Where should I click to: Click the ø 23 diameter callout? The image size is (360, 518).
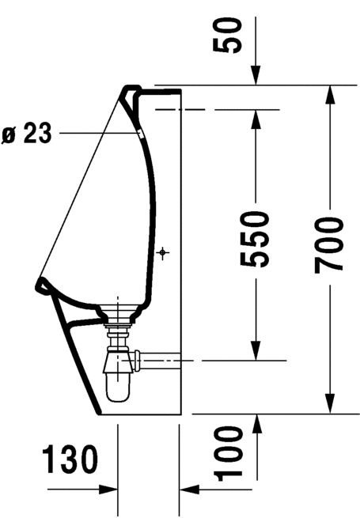tap(28, 134)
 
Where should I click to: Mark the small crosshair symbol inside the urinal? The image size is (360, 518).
tap(162, 253)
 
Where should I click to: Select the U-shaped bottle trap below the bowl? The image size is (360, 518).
tap(119, 375)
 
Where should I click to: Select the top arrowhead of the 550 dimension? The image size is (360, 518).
tap(256, 115)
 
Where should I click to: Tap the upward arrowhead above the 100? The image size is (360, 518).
tap(256, 420)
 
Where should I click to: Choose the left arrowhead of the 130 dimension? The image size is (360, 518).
tap(111, 490)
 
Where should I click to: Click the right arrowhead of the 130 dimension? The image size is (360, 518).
tap(185, 490)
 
